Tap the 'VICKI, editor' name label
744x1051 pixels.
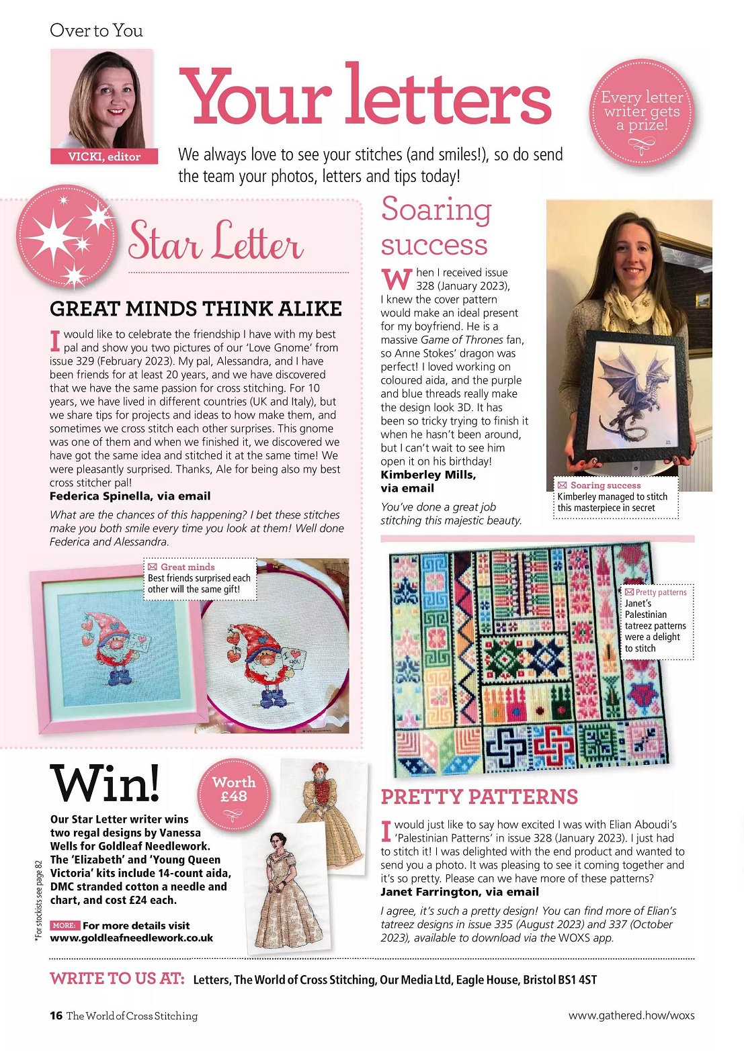(x=104, y=156)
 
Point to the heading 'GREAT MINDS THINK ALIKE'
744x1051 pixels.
(x=196, y=309)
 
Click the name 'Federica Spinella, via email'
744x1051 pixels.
(x=130, y=496)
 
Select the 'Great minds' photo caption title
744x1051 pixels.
(x=188, y=567)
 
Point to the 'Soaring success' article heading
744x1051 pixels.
(x=436, y=226)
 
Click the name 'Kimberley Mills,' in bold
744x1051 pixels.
(x=428, y=475)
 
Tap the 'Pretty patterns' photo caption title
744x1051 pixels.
(x=661, y=592)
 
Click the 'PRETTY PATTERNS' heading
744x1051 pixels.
(x=479, y=797)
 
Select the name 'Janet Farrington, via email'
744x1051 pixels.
(x=460, y=892)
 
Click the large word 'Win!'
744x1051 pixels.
(x=106, y=784)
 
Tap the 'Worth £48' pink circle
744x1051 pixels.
(x=234, y=790)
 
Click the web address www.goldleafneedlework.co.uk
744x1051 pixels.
(x=132, y=938)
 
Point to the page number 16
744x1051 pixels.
(x=56, y=1015)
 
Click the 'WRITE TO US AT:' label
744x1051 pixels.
(x=117, y=978)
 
